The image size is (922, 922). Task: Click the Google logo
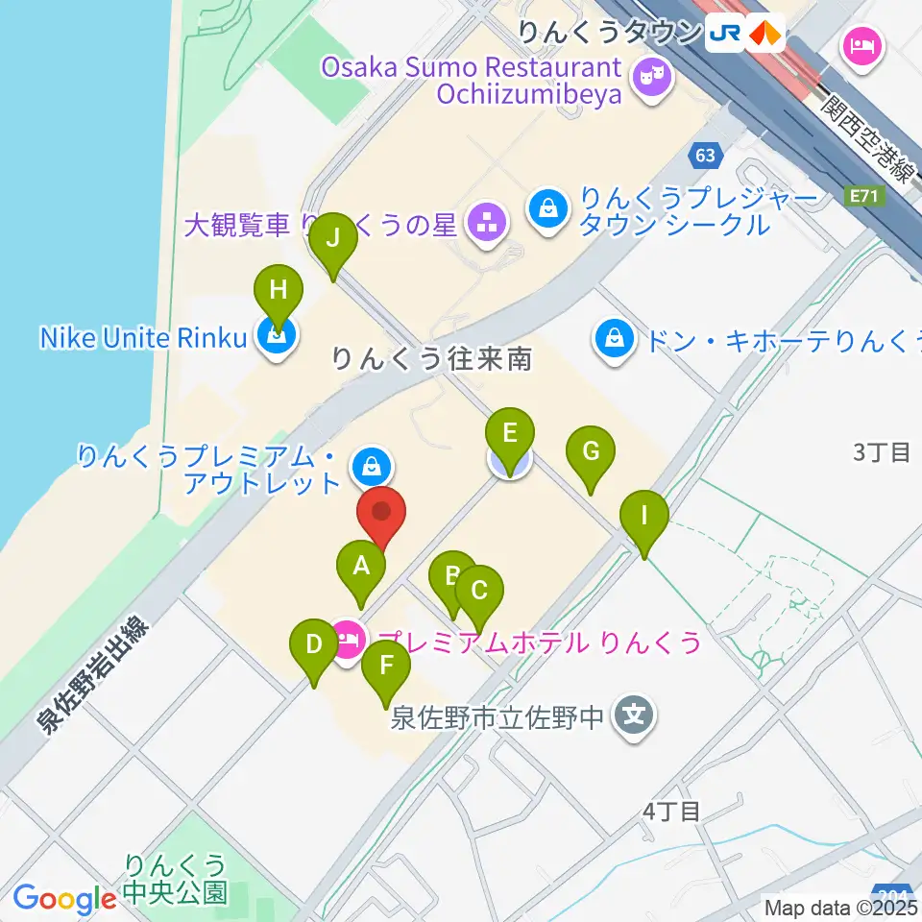[64, 899]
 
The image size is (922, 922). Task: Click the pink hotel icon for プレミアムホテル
[348, 638]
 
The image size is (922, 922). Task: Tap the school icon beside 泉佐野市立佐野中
[634, 716]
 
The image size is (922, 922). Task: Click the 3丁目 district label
[882, 452]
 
